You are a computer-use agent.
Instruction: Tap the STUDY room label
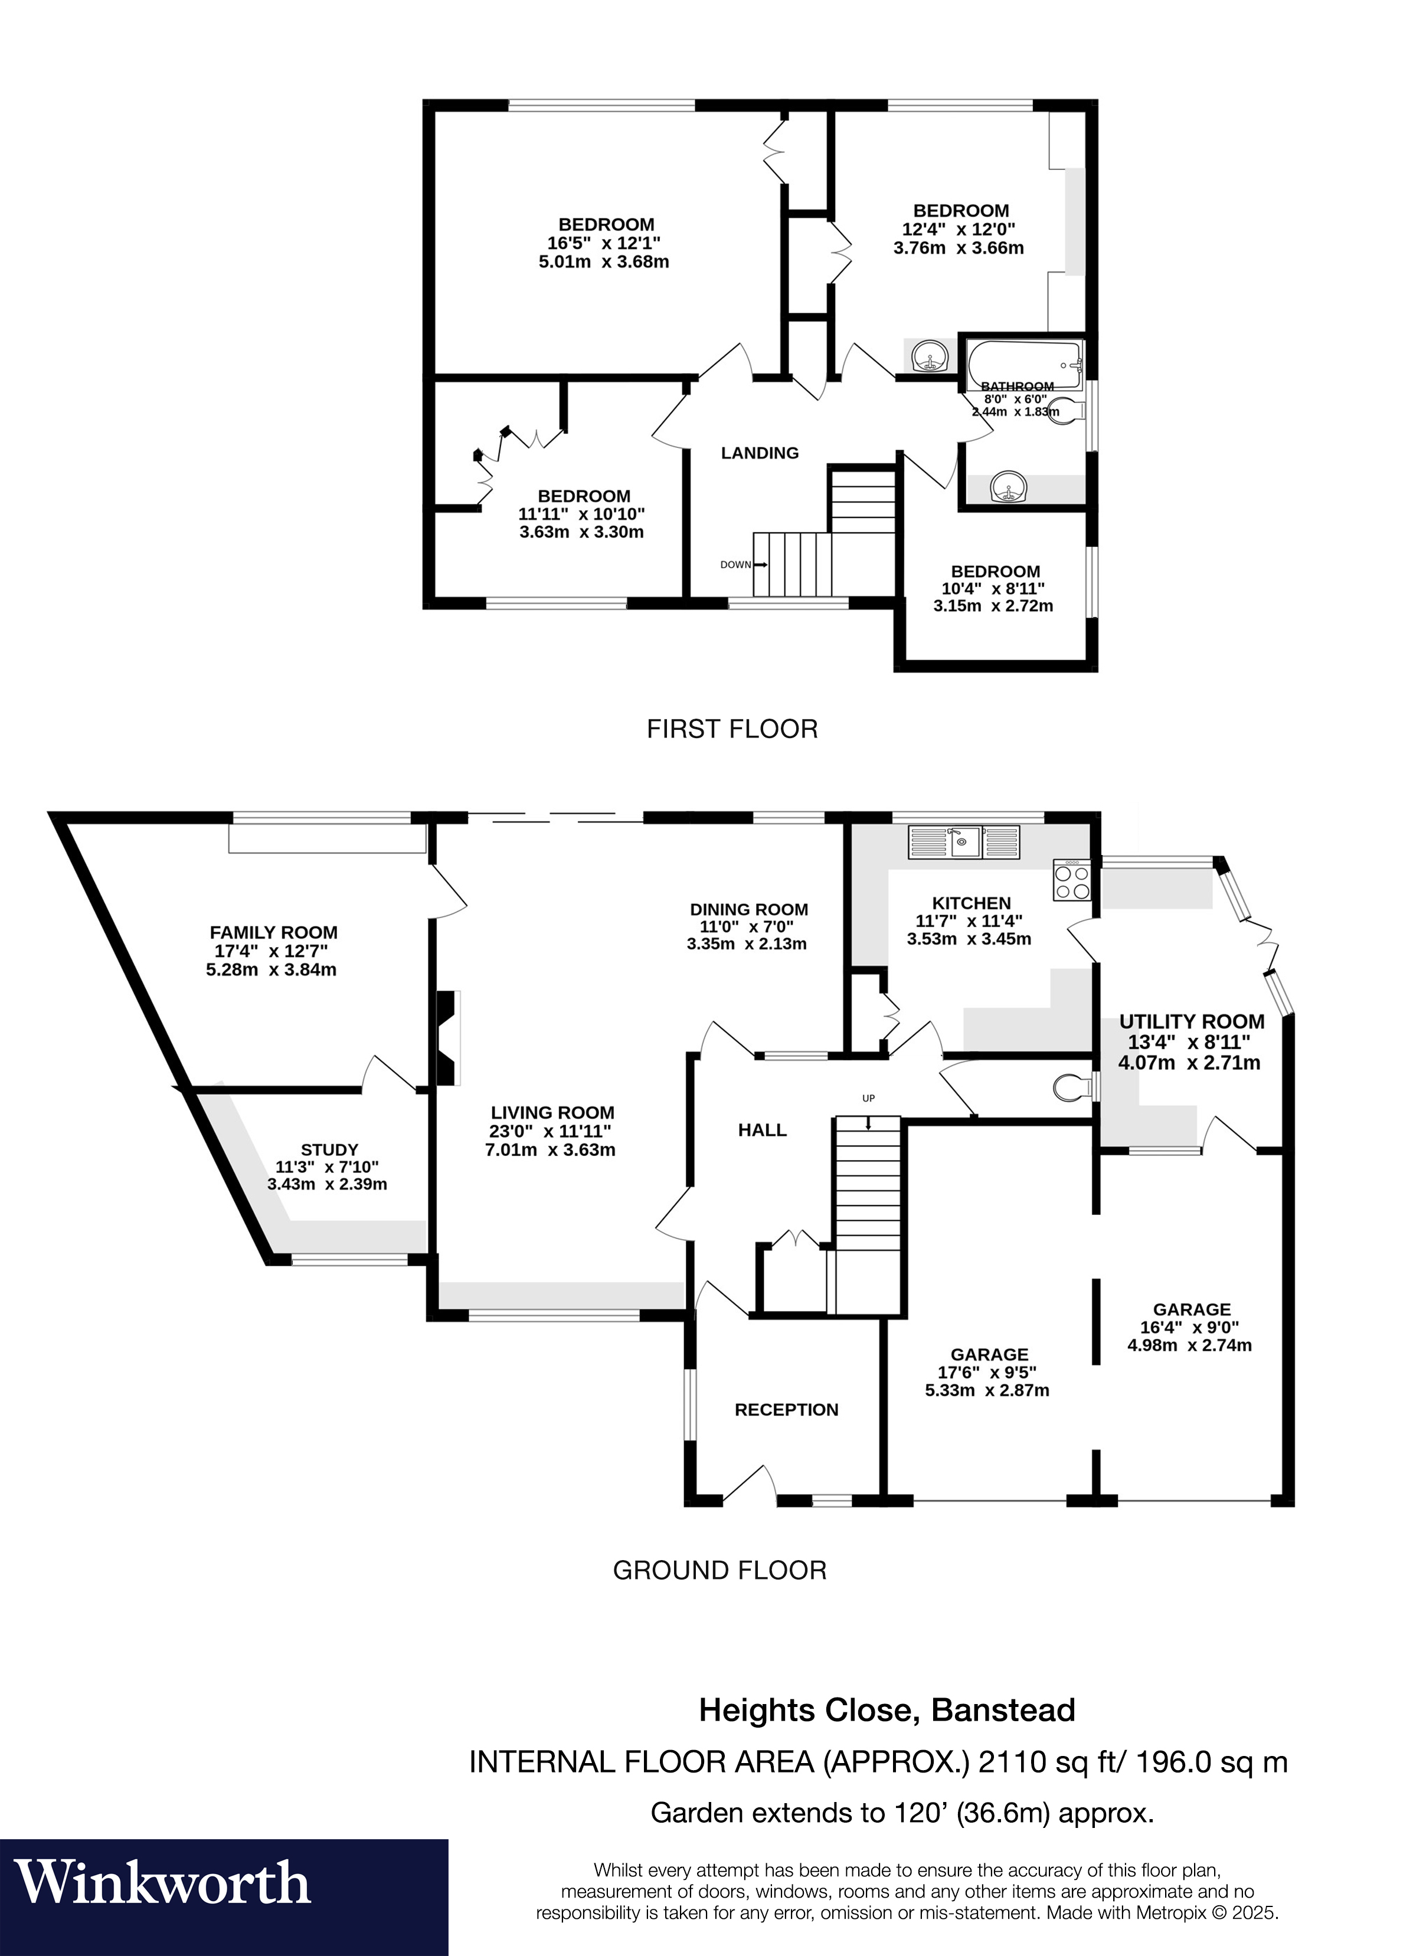[329, 1149]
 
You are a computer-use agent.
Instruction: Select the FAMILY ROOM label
[273, 932]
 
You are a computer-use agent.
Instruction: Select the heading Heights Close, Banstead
[887, 1709]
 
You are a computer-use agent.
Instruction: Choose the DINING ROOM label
[749, 909]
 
